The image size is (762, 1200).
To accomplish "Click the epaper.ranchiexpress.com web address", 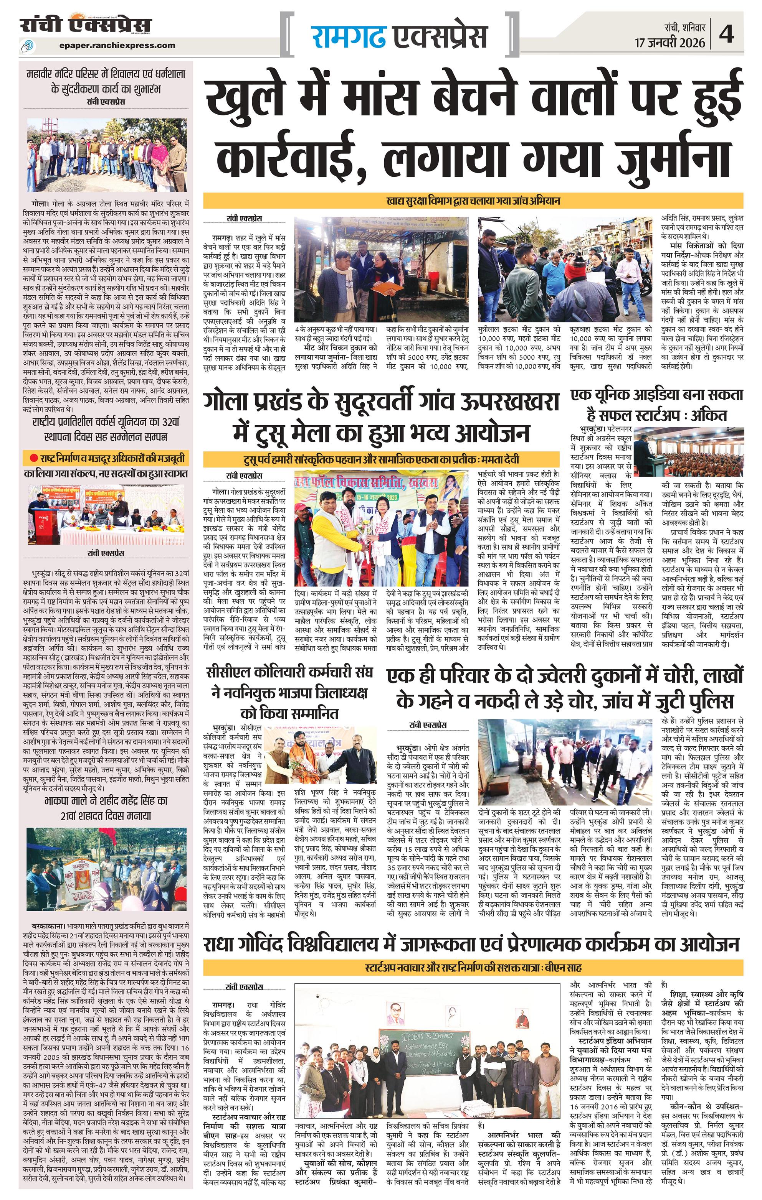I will (116, 45).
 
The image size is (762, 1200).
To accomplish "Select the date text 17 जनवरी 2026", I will (670, 43).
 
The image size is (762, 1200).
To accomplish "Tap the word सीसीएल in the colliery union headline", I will (227, 672).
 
